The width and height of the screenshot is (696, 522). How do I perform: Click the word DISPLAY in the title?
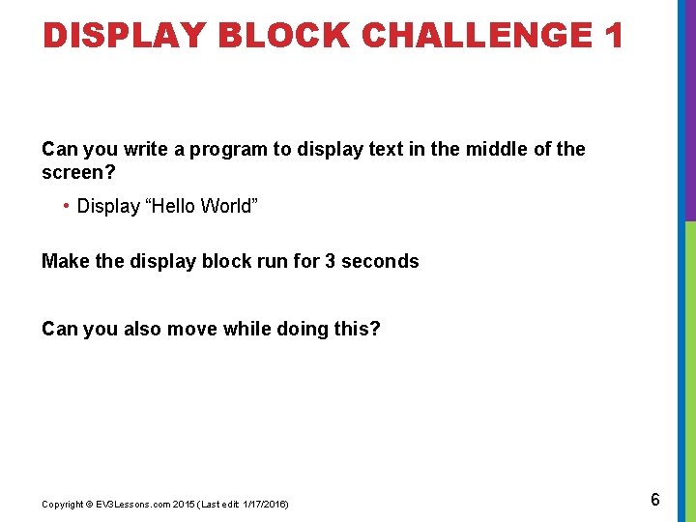tap(125, 36)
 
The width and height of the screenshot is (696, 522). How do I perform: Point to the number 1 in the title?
tap(612, 36)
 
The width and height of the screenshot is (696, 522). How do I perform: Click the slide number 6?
tap(655, 500)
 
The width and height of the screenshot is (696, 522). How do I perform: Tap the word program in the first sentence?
tap(226, 149)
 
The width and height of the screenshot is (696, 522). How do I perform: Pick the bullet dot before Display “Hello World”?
tap(65, 206)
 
